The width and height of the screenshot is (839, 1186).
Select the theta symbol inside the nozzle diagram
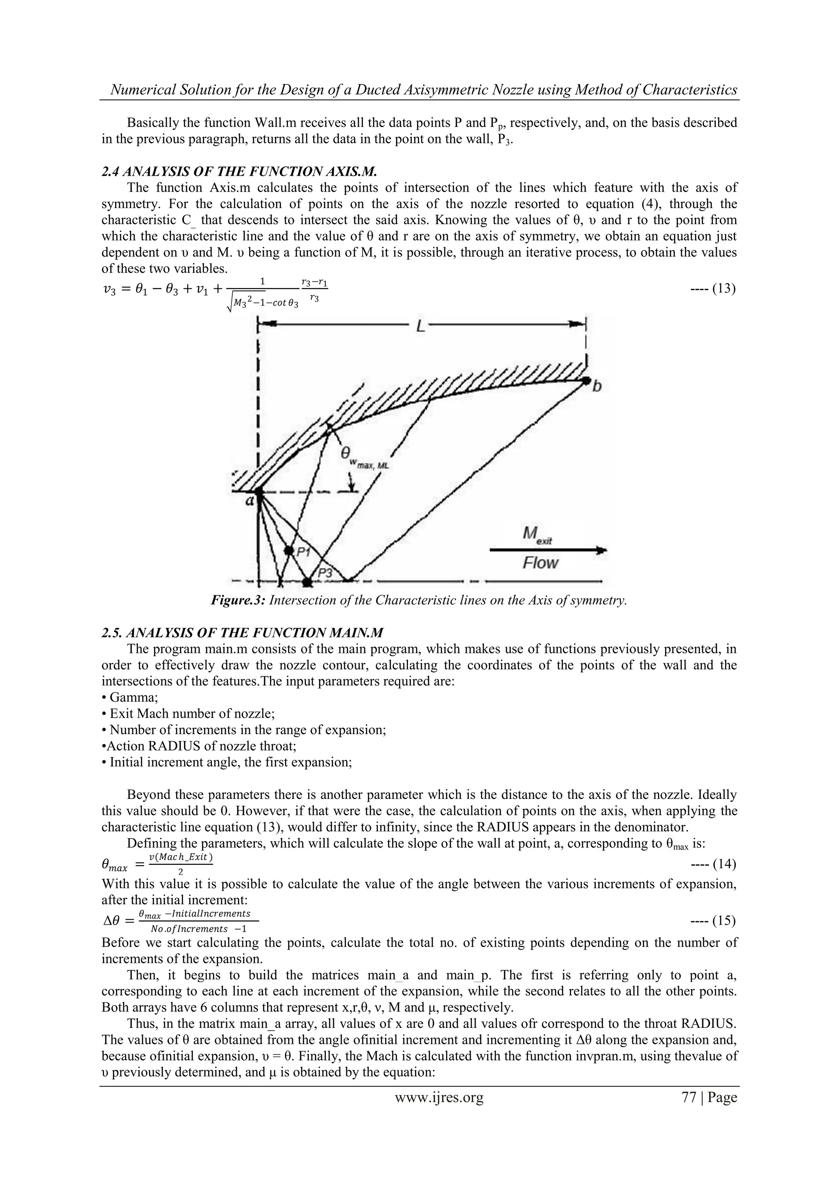(x=345, y=454)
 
